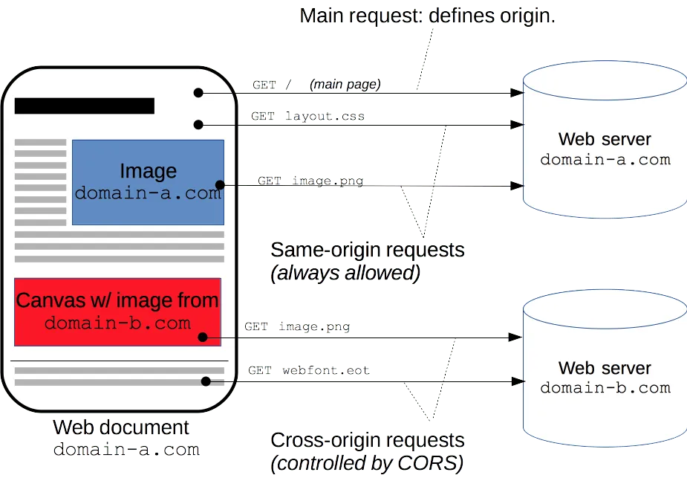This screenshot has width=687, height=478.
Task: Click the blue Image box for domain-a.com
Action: point(148,182)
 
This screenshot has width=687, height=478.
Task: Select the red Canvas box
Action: point(117,311)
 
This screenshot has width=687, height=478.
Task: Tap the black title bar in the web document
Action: point(85,106)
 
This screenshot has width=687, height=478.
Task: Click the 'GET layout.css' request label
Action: point(308,117)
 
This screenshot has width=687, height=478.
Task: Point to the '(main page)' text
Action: point(345,85)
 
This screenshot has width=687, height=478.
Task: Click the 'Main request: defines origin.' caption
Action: point(427,16)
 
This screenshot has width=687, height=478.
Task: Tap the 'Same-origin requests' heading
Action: point(368,250)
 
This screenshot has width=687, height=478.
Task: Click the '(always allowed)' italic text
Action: point(346,274)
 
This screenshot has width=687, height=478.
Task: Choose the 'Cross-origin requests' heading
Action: point(368,440)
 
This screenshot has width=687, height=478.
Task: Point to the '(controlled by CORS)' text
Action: point(367,464)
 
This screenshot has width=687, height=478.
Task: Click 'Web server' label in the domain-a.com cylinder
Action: point(605,139)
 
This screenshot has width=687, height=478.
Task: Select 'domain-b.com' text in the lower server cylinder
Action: point(605,387)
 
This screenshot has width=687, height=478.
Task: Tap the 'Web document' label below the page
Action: point(122,427)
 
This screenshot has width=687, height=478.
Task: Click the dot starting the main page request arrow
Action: point(198,93)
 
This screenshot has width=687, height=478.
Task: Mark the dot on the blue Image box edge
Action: point(220,184)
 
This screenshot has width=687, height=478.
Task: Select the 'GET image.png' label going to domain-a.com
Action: point(310,181)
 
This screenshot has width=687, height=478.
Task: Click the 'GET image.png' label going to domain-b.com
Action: point(297,326)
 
